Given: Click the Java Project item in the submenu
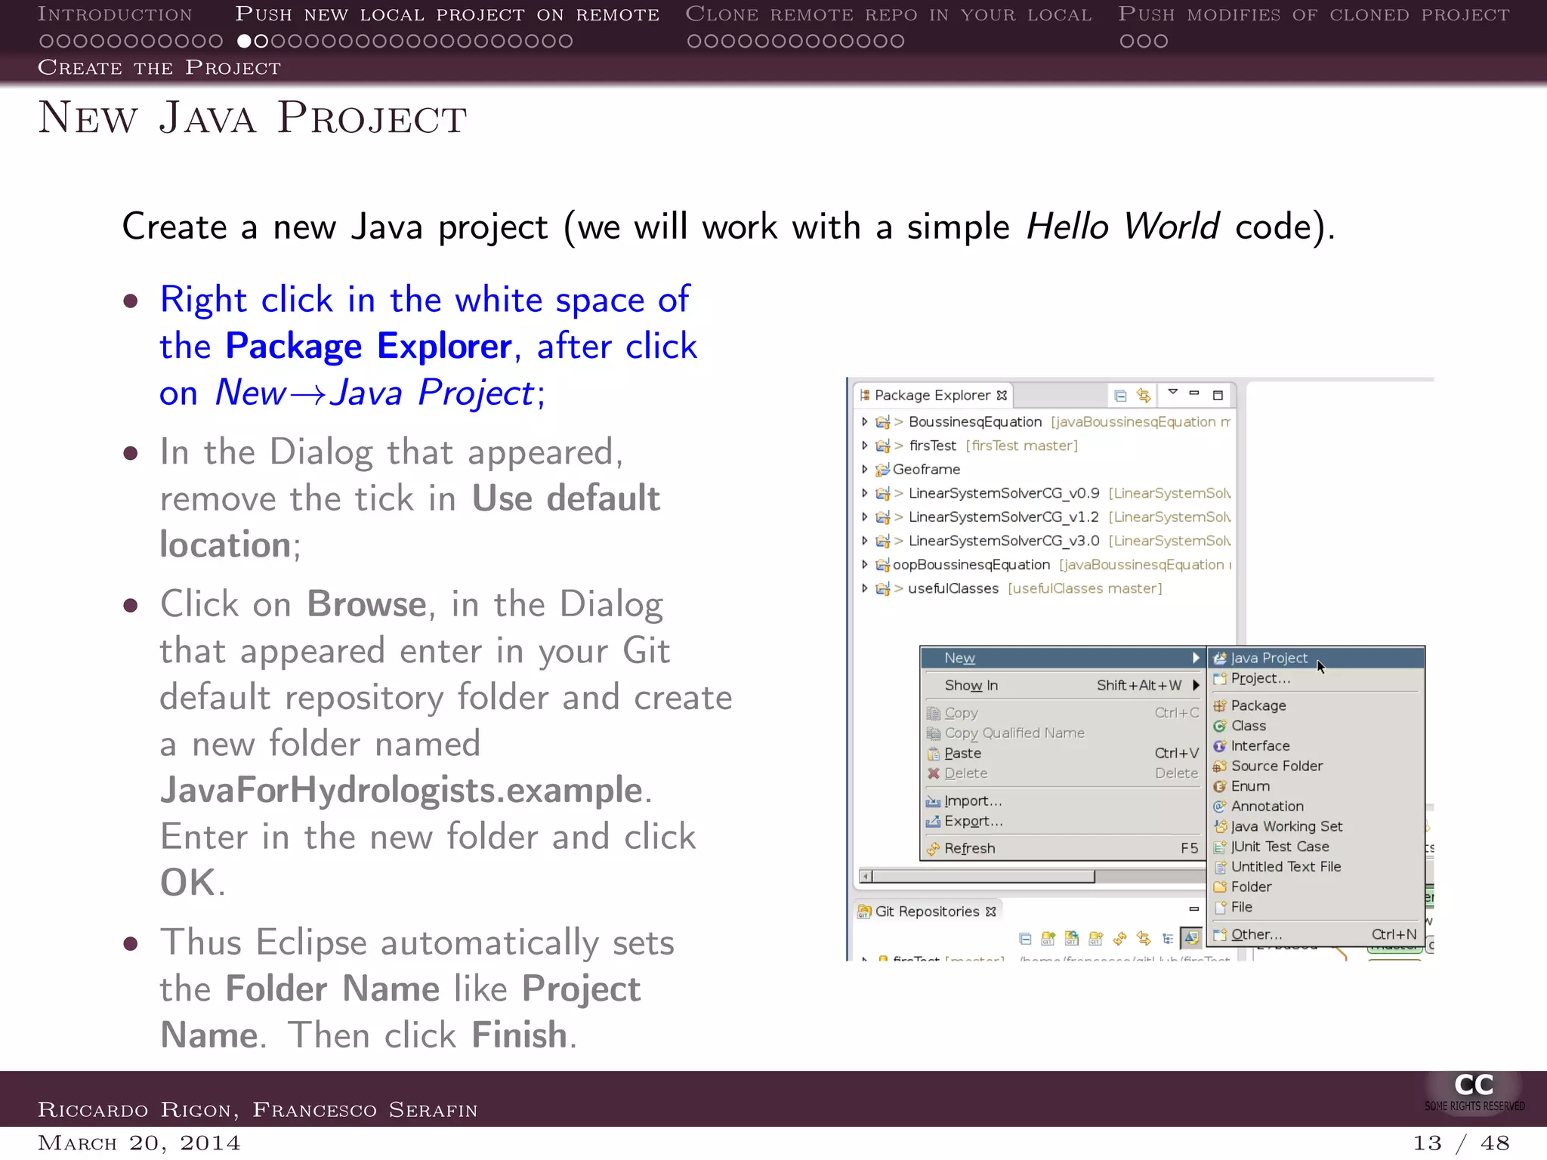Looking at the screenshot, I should pos(1268,658).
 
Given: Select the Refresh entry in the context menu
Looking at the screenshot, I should pos(969,848).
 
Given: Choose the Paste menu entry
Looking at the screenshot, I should pos(962,753).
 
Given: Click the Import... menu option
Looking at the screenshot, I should pos(972,801).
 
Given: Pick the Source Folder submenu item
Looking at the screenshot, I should pos(1277,766).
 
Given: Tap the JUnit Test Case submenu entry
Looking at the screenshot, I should pos(1280,847).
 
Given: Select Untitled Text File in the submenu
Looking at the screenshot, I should pos(1286,867).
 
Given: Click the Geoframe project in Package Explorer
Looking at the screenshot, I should pos(926,469).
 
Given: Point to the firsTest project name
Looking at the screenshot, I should pos(932,446).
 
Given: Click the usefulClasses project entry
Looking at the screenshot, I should pos(953,588).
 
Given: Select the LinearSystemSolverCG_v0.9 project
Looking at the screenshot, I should pos(1003,493).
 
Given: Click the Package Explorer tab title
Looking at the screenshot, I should pos(932,395).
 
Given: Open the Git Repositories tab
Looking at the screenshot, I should pos(927,912).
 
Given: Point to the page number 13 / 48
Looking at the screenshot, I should pos(1461,1143).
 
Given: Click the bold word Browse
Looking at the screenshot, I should pos(366,604).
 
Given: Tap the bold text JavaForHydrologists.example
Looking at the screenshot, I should pos(401,790).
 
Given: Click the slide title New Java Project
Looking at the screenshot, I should pos(253,119).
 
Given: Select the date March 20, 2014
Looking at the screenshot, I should pos(139,1143).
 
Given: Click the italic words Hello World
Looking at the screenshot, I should pos(1122,227).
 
